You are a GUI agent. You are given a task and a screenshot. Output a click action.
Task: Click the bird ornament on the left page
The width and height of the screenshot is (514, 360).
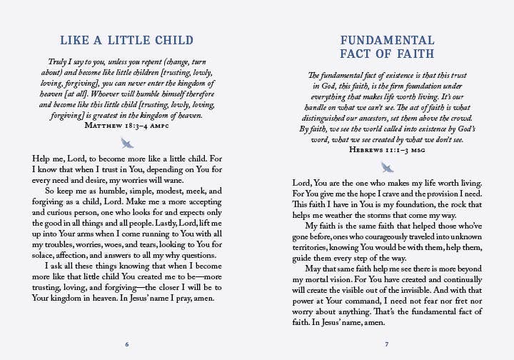tap(127, 143)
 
